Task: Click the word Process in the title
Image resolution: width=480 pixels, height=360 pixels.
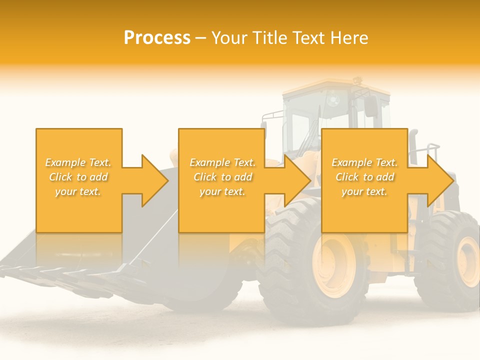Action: [x=157, y=38]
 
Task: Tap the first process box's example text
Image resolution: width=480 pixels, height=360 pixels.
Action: [x=78, y=177]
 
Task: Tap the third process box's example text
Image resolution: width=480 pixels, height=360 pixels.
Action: [x=364, y=177]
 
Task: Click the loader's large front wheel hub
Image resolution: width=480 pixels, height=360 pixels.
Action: [x=334, y=265]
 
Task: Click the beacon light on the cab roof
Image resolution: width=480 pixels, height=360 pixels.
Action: [x=356, y=80]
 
